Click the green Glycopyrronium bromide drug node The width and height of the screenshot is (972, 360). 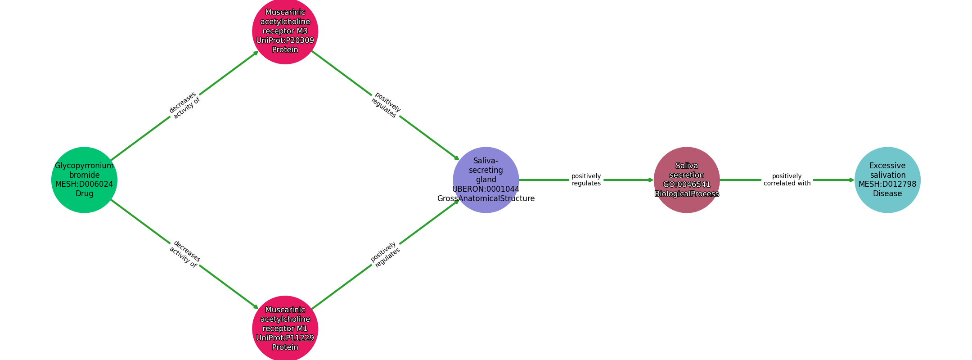pos(84,180)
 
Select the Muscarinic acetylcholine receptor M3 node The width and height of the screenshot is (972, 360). pos(285,31)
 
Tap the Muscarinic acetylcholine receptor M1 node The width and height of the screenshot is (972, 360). pos(285,328)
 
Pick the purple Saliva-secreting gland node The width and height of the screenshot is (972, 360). pos(486,180)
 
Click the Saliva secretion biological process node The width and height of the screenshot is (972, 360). pos(686,180)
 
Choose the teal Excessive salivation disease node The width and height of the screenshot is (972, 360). pos(887,180)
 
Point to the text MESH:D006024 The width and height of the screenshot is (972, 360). pos(84,184)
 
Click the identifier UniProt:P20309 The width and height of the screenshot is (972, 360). pos(285,40)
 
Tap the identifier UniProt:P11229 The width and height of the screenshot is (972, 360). pos(285,338)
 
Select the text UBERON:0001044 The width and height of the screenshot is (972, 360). pos(486,189)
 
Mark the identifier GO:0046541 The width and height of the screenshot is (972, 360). pos(686,184)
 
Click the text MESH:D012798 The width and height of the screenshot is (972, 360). pos(887,184)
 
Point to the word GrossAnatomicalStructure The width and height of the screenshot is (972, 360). pos(486,198)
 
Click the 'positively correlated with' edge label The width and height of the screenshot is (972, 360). pos(787,180)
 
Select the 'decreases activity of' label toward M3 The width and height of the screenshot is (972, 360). pos(184,105)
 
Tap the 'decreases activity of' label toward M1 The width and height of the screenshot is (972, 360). pos(184,254)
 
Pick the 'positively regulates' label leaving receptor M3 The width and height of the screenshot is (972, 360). pos(385,105)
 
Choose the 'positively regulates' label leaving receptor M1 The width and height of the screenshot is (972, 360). pos(385,254)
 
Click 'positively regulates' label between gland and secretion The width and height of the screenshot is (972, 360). pos(586,180)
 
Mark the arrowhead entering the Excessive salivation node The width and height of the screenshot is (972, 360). pos(851,180)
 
